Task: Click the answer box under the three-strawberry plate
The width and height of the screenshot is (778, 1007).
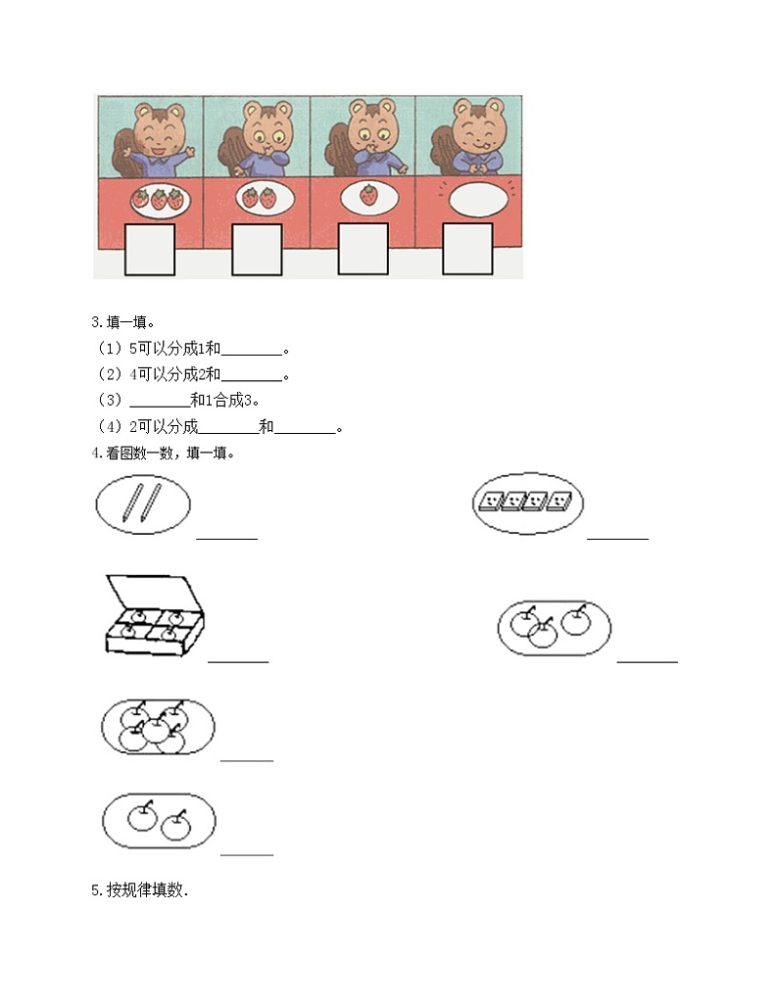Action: (x=150, y=250)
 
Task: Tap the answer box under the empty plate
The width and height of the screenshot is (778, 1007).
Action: (x=467, y=249)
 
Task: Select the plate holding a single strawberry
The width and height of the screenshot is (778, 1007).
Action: (x=367, y=198)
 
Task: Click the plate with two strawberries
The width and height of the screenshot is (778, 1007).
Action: (x=265, y=199)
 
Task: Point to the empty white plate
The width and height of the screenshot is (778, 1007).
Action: (x=475, y=199)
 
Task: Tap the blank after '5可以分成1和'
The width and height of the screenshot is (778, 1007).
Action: (x=251, y=355)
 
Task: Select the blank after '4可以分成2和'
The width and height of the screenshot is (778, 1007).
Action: (x=251, y=380)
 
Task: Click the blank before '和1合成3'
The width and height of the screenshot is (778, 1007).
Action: (x=160, y=407)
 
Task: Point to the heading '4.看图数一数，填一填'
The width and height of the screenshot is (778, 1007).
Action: (x=164, y=453)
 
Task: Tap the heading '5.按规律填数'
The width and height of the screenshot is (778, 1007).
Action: (x=139, y=889)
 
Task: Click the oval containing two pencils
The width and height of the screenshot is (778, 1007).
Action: (x=143, y=504)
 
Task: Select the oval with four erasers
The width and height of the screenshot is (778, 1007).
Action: (x=527, y=503)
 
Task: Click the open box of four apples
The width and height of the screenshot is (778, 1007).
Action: (x=155, y=615)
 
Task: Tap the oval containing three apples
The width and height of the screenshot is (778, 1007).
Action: (x=555, y=628)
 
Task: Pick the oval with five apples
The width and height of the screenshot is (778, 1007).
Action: (x=158, y=726)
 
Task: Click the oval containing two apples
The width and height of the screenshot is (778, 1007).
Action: (x=160, y=821)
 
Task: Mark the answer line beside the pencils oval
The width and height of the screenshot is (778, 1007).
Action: (x=226, y=538)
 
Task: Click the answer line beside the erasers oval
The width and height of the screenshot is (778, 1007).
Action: (x=617, y=538)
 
